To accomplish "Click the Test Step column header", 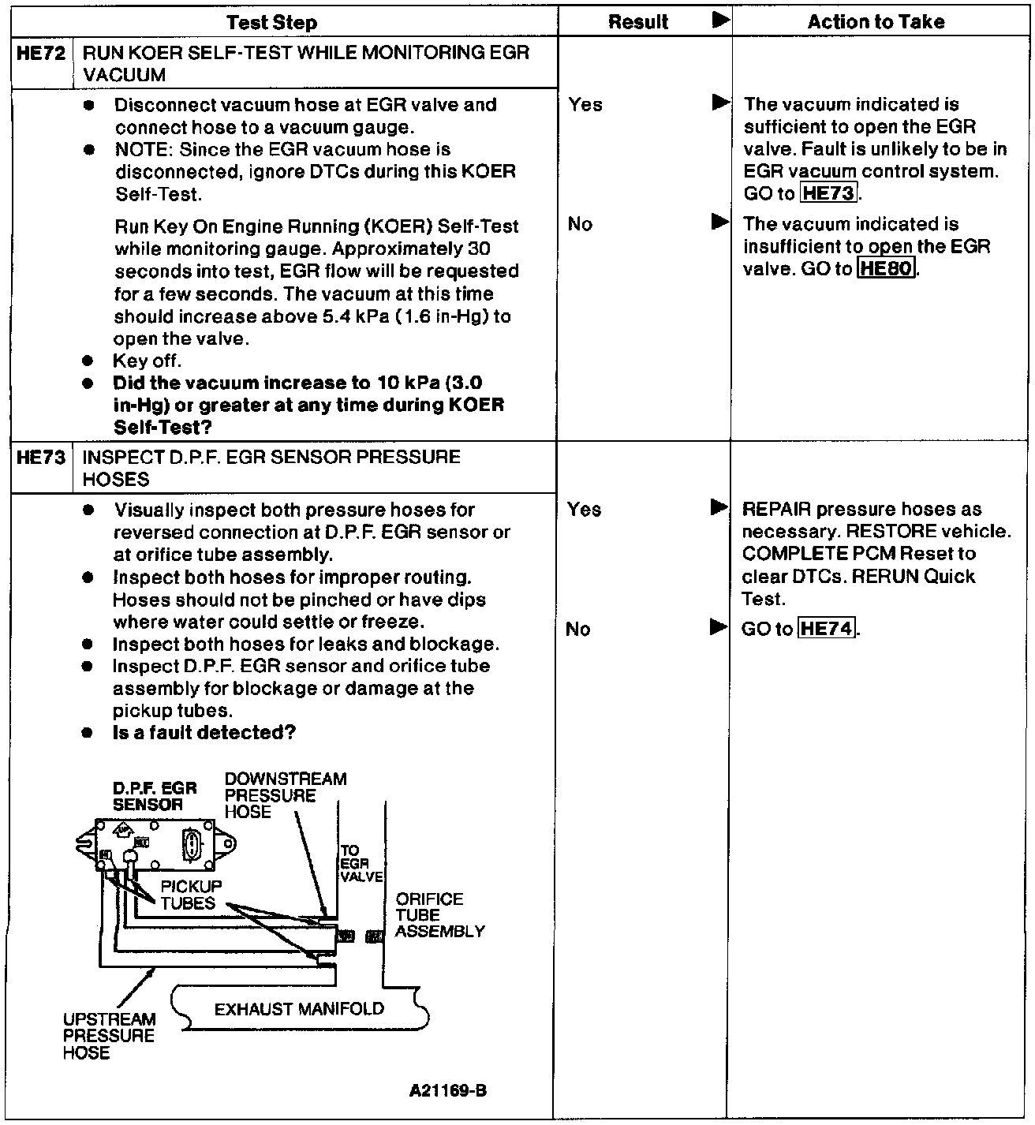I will click(271, 22).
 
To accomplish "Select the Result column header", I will click(638, 22).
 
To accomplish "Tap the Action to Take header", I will click(876, 22).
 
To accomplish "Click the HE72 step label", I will click(40, 54).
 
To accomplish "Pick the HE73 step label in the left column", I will click(40, 458).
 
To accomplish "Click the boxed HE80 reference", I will click(887, 269).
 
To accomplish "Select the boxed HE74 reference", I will click(826, 629).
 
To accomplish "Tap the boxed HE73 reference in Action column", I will click(828, 193).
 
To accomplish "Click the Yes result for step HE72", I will click(585, 104).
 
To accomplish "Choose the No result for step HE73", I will click(578, 629).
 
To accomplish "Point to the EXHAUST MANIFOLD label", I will click(299, 1009).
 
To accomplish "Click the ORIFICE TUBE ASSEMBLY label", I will click(439, 915).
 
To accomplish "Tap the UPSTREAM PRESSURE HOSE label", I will click(109, 1036).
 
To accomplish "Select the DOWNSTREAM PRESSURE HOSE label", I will click(285, 795).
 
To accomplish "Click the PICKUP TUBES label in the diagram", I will click(191, 895).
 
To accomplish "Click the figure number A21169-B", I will click(447, 1091).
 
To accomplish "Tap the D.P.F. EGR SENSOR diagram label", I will click(155, 796).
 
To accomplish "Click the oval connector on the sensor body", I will click(192, 846).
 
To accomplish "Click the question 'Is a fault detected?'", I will click(204, 733).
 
